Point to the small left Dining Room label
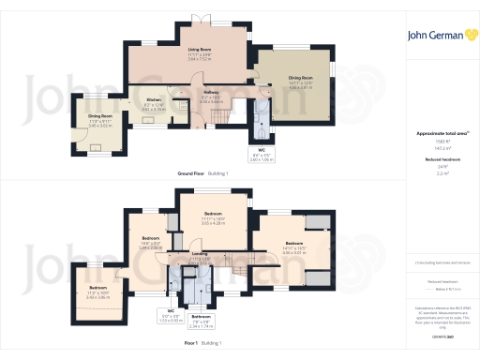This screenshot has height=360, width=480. pyautogui.click(x=99, y=117)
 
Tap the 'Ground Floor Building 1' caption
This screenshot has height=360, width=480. pyautogui.click(x=205, y=173)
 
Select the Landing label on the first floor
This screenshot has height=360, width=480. pyautogui.click(x=200, y=253)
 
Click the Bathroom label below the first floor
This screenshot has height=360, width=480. pyautogui.click(x=201, y=316)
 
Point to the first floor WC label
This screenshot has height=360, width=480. pyautogui.click(x=172, y=310)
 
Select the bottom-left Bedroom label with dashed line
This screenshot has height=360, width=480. pyautogui.click(x=98, y=288)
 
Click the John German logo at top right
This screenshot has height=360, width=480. pyautogui.click(x=438, y=36)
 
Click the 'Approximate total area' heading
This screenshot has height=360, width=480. pyautogui.click(x=438, y=134)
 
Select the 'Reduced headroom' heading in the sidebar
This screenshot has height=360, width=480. pyautogui.click(x=438, y=160)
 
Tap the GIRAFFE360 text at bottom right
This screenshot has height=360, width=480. pyautogui.click(x=438, y=335)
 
